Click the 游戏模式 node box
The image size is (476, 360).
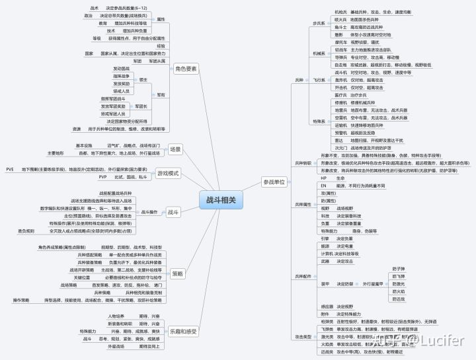168,173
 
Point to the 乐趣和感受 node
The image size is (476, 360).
182,330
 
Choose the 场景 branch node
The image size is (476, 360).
175,149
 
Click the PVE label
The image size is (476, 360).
10,169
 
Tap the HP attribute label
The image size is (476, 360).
324,178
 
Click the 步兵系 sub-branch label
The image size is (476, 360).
319,23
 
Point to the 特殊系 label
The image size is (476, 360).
319,121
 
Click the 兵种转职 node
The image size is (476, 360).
301,162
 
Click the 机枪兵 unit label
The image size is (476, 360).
340,13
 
